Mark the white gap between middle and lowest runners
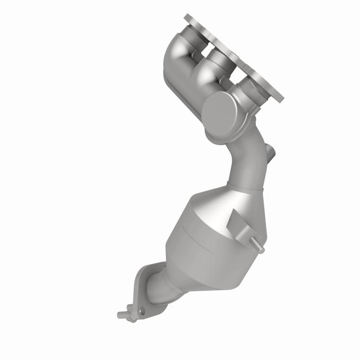[x=232, y=72]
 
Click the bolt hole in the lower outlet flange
[x=142, y=310]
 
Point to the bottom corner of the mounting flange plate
[x=281, y=98]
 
